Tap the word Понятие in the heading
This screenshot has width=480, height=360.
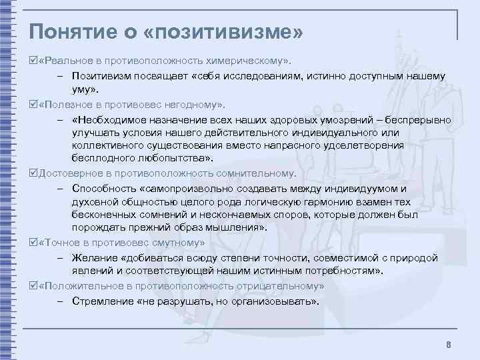coord(70,31)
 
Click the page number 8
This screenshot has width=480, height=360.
coord(449,345)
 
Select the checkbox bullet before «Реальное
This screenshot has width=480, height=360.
coord(34,61)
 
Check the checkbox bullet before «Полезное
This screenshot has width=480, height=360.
coord(34,105)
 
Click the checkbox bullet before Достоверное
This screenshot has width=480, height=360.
coord(34,173)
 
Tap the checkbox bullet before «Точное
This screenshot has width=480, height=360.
coord(34,243)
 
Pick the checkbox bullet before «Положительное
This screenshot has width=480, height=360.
coord(34,285)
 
